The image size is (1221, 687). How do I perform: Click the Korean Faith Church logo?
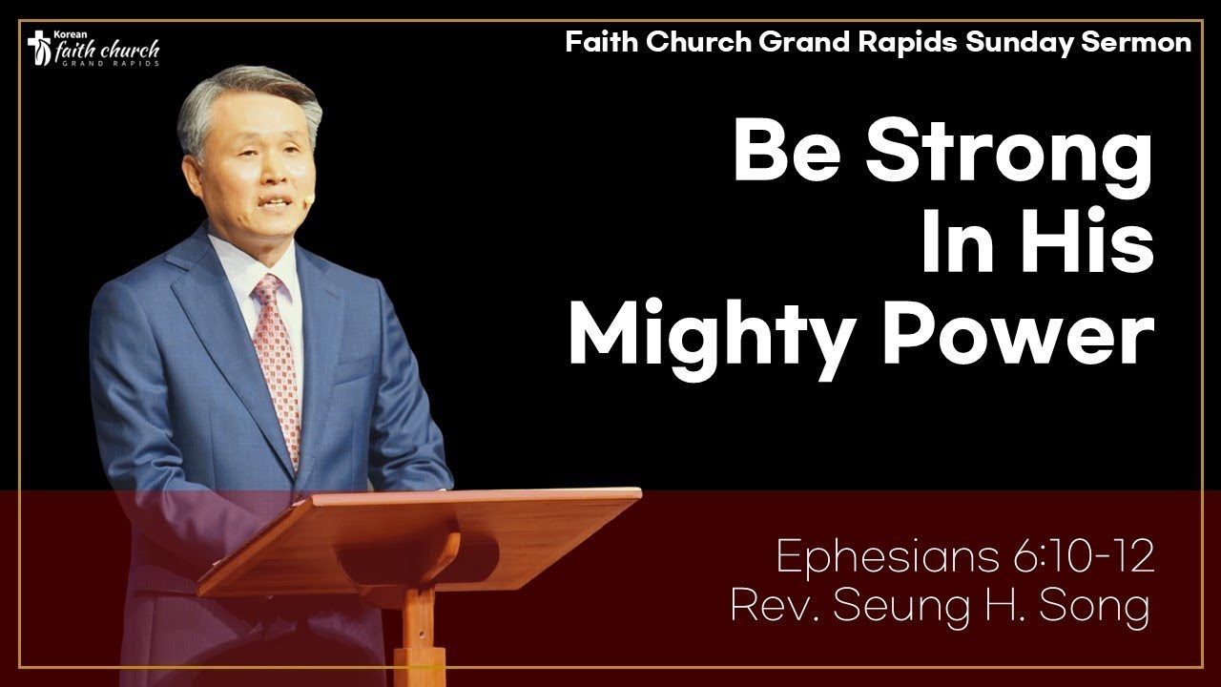pos(93,49)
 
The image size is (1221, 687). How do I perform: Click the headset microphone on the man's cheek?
pos(308,199)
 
